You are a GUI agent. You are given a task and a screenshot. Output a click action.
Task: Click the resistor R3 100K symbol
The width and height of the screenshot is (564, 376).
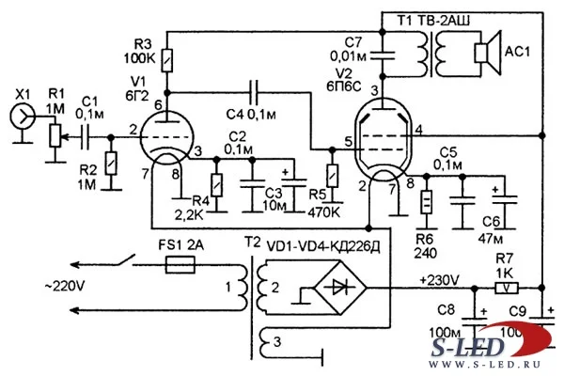[165, 60]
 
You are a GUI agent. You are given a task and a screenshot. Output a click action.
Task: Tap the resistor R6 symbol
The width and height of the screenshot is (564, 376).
[426, 203]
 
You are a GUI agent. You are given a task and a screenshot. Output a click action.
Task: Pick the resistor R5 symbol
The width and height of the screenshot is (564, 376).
[331, 176]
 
